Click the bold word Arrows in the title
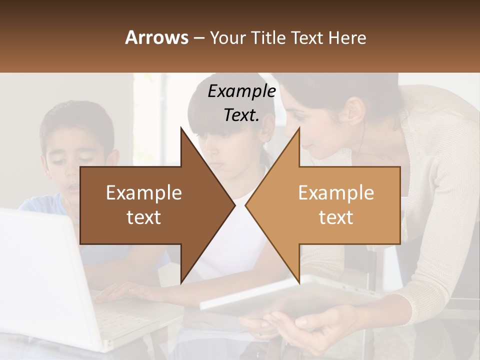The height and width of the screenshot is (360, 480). [156, 37]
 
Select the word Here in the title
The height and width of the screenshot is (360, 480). [347, 37]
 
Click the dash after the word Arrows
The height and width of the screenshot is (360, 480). [198, 38]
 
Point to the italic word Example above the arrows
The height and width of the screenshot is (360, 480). [241, 91]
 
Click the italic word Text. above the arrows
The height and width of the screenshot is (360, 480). [241, 115]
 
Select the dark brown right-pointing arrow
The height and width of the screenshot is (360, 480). [150, 205]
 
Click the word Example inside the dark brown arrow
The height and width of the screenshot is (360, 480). [144, 193]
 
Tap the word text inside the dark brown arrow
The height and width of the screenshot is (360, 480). [144, 217]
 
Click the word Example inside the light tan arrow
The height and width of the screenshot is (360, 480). [336, 193]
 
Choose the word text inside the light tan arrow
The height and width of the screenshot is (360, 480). [336, 217]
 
